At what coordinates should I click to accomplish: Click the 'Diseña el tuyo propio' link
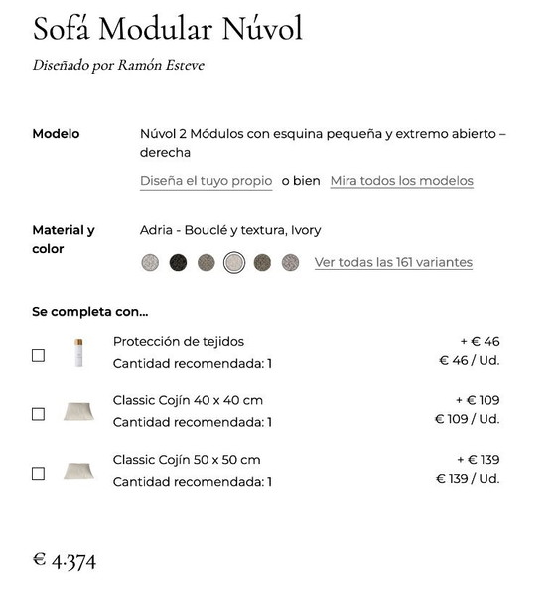click(x=206, y=181)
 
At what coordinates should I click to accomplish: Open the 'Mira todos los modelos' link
click(x=401, y=181)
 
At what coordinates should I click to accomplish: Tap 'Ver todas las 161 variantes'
click(x=393, y=263)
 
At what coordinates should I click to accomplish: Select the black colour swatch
click(x=178, y=263)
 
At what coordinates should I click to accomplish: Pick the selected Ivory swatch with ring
click(x=233, y=263)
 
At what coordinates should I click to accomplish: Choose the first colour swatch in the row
click(x=150, y=263)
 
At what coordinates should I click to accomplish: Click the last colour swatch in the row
click(x=290, y=263)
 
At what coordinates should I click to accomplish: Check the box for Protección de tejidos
click(x=38, y=355)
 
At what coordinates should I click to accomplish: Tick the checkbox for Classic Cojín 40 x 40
click(x=38, y=414)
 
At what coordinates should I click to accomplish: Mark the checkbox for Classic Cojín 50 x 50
click(x=38, y=474)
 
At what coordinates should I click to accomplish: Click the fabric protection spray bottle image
click(x=78, y=353)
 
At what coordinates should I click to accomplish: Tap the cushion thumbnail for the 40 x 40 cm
click(x=78, y=411)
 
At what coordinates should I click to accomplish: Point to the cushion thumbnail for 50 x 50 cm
click(x=78, y=471)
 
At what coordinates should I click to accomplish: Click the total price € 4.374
click(x=65, y=561)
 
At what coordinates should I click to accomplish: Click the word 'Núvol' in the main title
click(x=261, y=29)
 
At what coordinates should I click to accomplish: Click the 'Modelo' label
click(x=56, y=134)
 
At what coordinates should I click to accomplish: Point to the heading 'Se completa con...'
click(x=89, y=312)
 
